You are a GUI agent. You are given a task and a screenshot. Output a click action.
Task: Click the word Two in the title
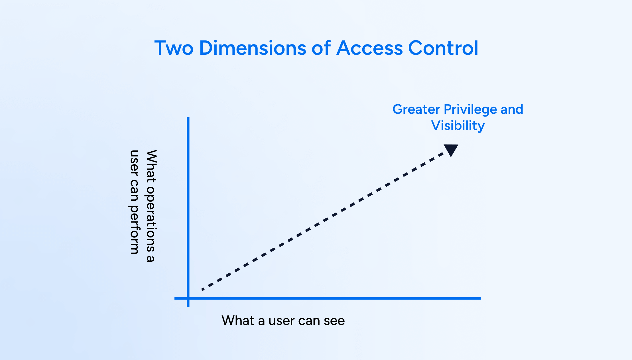click(174, 48)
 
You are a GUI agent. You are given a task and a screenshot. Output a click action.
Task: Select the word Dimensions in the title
click(253, 48)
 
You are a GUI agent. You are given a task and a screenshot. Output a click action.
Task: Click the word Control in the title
click(443, 48)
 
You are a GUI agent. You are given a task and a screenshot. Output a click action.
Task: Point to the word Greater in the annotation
click(416, 110)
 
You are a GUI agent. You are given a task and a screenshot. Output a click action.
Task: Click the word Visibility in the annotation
click(458, 126)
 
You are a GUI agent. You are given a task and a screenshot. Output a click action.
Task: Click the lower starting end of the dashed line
click(203, 289)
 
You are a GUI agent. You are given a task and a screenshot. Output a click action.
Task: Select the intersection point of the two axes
click(188, 298)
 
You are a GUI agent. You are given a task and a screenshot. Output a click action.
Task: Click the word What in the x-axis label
click(238, 321)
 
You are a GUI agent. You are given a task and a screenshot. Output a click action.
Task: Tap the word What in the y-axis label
click(151, 166)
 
